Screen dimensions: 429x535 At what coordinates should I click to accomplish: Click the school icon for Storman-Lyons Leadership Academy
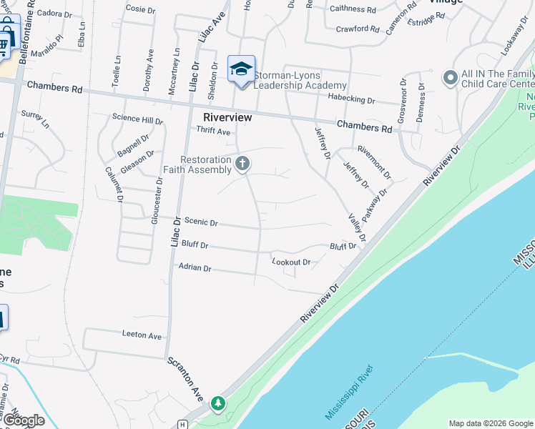coord(242,69)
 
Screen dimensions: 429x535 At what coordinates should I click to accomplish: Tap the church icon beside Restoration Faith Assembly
coord(243,164)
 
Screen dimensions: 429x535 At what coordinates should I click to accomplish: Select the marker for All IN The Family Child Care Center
coord(450,77)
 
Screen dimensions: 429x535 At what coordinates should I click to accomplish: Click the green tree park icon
coord(217,405)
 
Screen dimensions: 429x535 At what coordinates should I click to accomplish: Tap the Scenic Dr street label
coord(201,222)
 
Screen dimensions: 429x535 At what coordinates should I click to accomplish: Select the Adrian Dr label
coord(195,268)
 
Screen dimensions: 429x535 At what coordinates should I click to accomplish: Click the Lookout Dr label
coord(291,262)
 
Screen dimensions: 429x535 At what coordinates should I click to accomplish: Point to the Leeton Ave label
coord(142,335)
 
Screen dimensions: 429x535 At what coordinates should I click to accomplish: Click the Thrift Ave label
coord(214,132)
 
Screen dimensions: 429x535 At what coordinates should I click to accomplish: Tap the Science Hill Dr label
coord(137,119)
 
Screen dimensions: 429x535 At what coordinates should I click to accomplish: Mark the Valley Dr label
coord(356,227)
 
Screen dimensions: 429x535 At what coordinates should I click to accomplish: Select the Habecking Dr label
coord(350,100)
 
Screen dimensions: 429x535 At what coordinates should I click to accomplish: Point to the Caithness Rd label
coord(353,9)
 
